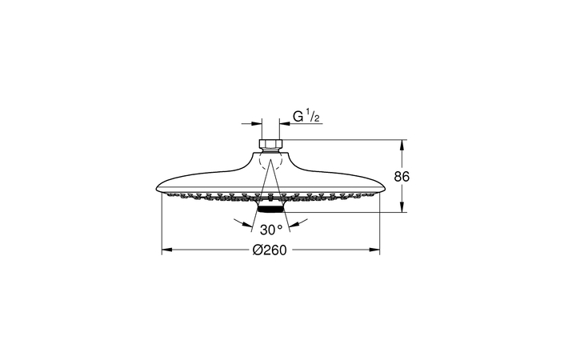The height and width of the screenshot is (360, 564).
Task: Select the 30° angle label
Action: click(270, 228)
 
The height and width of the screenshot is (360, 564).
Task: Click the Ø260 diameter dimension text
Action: click(270, 250)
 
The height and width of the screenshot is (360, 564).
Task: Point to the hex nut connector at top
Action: click(270, 145)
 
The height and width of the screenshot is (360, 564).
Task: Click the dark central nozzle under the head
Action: click(270, 210)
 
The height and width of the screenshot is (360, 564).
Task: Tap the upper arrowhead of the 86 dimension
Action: click(402, 145)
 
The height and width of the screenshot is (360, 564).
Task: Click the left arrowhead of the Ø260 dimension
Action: click(166, 250)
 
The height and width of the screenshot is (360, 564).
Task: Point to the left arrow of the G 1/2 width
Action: click(258, 124)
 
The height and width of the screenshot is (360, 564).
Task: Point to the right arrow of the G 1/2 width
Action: click(282, 124)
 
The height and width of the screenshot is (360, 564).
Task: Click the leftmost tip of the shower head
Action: click(154, 188)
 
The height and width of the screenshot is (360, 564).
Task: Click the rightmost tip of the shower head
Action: click(387, 188)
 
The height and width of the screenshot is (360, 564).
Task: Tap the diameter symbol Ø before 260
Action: click(258, 250)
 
